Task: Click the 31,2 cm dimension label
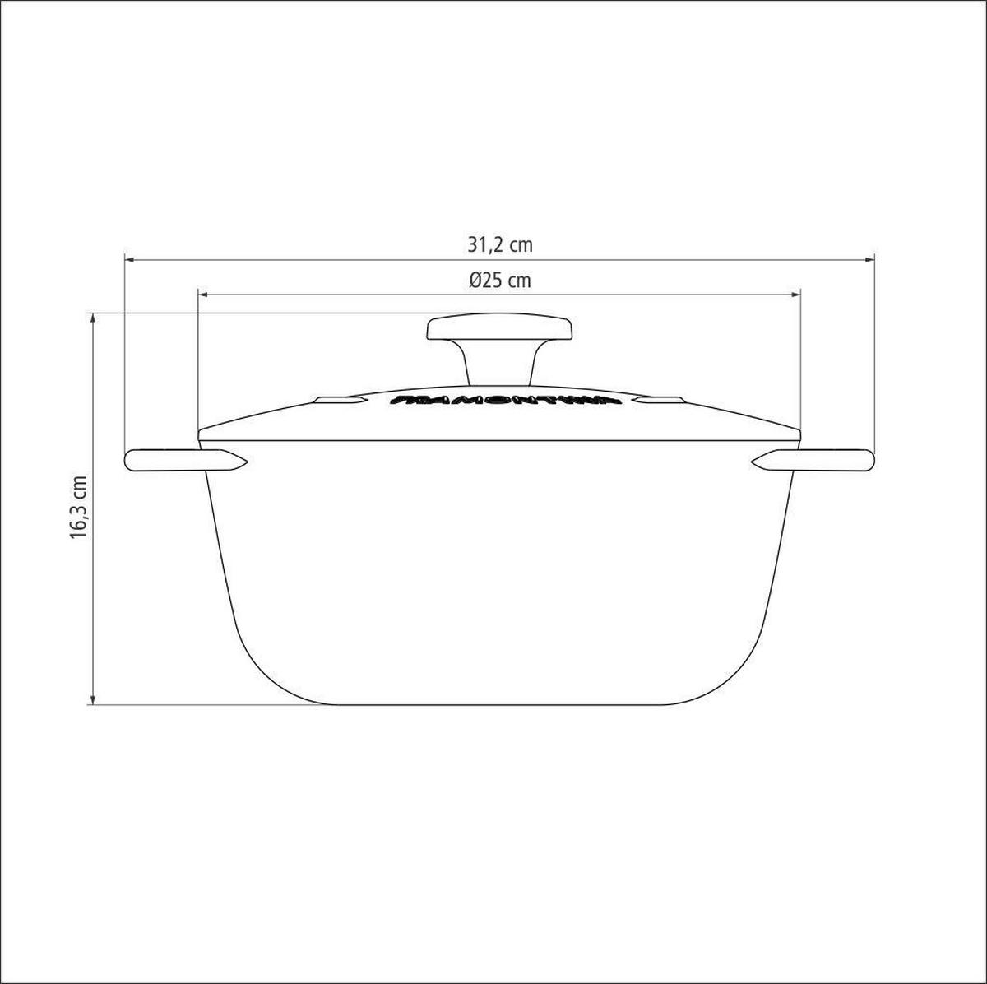pos(500,244)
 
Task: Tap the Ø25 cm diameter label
pos(500,281)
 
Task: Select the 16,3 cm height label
pos(78,508)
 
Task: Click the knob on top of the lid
pos(498,329)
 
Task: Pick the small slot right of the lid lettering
pos(659,401)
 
